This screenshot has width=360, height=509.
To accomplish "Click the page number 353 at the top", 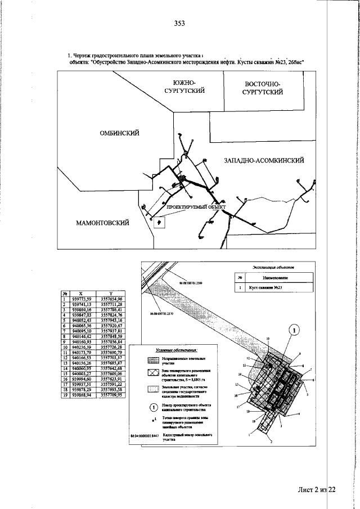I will pos(179,23).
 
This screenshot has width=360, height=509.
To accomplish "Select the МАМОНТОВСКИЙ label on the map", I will pos(102,223).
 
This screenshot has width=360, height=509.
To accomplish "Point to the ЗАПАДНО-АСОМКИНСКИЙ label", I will pos(264,161).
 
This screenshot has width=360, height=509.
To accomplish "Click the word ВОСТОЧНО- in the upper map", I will pos(259,84).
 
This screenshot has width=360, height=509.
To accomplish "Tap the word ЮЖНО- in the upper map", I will pos(184,82).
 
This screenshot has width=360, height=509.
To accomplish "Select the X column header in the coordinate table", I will pos(80,293).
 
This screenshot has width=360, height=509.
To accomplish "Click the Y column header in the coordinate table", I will pos(111,293).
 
